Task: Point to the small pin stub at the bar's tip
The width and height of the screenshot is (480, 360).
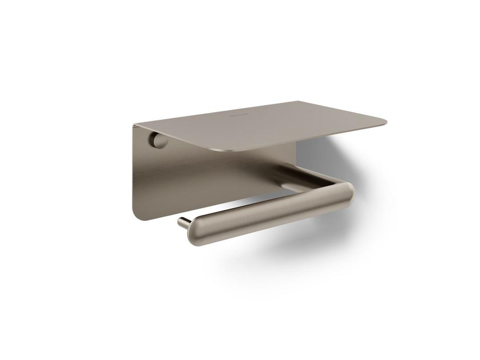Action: point(183,221)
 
